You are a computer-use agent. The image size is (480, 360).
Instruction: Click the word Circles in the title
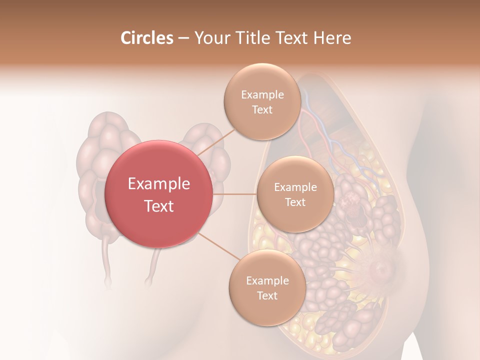[147, 38]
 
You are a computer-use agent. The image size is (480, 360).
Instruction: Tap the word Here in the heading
[332, 38]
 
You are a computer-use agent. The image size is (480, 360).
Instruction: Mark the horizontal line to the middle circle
[234, 194]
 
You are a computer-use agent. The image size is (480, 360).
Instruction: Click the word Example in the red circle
[159, 184]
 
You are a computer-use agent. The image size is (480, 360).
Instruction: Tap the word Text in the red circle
[159, 206]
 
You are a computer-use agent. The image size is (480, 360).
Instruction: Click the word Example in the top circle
[262, 95]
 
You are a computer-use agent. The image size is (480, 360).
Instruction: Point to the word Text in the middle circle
[295, 202]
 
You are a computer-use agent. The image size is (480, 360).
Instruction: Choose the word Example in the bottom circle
[267, 281]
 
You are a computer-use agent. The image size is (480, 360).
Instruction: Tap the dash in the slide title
[183, 38]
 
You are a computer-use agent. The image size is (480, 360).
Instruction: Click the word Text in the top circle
[262, 110]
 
